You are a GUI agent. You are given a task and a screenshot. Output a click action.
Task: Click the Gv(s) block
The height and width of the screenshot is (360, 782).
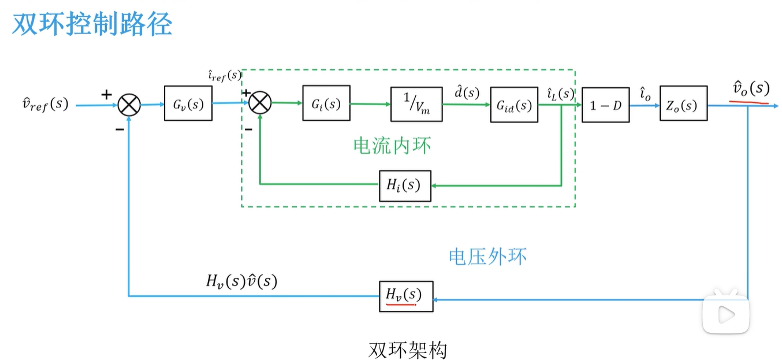click(x=188, y=103)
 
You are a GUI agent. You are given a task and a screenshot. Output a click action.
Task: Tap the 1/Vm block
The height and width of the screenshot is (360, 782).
click(x=416, y=104)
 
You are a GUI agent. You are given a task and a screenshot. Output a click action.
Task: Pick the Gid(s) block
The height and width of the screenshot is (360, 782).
click(x=514, y=105)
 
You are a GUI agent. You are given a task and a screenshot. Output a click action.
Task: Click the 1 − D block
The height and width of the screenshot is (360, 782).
click(x=605, y=105)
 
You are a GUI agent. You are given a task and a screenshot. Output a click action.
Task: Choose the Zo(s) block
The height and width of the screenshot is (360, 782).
click(x=683, y=105)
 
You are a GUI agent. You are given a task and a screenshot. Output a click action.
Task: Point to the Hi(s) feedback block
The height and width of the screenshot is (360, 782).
click(x=405, y=185)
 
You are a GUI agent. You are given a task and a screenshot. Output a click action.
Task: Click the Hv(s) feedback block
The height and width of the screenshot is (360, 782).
click(x=406, y=295)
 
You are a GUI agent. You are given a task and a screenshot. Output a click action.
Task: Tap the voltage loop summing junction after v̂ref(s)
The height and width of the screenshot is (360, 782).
click(x=129, y=105)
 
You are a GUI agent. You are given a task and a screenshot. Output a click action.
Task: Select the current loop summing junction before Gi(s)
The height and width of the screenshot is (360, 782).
click(x=260, y=103)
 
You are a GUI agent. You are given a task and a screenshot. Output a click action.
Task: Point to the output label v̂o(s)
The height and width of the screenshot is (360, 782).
click(x=750, y=88)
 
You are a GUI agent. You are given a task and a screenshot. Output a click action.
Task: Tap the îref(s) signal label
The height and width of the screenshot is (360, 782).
click(x=224, y=75)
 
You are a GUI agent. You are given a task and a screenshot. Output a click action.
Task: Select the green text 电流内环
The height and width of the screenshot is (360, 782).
click(x=392, y=145)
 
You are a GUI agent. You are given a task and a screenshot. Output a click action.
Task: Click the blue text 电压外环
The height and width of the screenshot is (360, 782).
click(x=488, y=256)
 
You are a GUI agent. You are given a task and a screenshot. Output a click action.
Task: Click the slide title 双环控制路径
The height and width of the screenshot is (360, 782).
click(x=92, y=25)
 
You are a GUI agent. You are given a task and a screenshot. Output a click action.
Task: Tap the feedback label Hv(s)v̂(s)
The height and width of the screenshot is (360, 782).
click(x=241, y=281)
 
